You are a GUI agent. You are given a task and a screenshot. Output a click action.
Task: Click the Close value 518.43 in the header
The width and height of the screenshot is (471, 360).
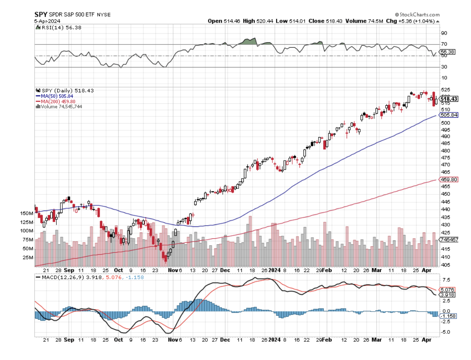[x=319, y=21]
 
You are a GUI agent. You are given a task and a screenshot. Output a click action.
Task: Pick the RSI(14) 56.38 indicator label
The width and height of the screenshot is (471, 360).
[x=60, y=27]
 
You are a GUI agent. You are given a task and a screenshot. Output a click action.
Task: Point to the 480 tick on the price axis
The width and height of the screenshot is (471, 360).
[x=446, y=151]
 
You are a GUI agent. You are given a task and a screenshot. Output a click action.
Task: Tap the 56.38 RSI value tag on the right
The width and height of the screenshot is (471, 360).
[x=449, y=52]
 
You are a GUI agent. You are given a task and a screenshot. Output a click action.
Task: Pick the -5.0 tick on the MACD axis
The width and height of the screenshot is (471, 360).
[x=446, y=332]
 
